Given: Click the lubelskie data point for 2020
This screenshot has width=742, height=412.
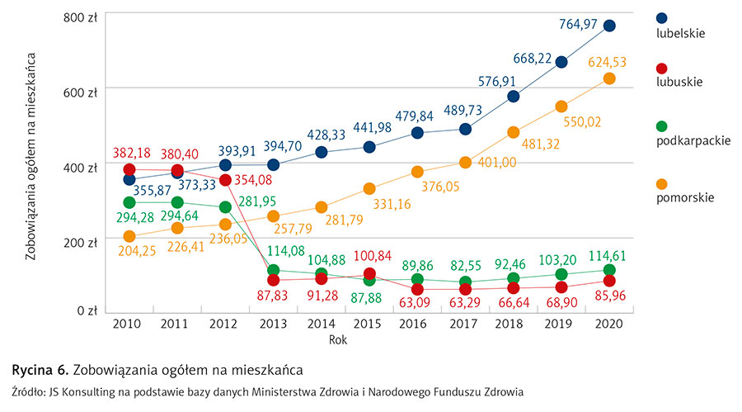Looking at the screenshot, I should click(609, 26).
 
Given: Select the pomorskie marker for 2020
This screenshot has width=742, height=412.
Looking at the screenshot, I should click(609, 78).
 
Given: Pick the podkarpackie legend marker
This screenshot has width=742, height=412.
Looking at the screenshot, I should click(661, 126).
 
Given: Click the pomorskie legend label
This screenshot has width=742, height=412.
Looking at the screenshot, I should click(684, 197).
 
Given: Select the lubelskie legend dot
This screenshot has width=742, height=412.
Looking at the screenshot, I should click(661, 18).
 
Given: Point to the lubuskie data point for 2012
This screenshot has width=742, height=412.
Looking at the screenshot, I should click(225, 179).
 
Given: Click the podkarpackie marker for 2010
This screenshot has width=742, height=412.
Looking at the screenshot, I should click(129, 202).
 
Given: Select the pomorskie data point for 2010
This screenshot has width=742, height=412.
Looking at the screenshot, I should click(129, 236).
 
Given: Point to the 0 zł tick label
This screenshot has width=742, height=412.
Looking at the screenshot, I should click(87, 311).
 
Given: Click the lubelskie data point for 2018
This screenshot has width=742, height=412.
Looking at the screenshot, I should click(513, 96).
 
